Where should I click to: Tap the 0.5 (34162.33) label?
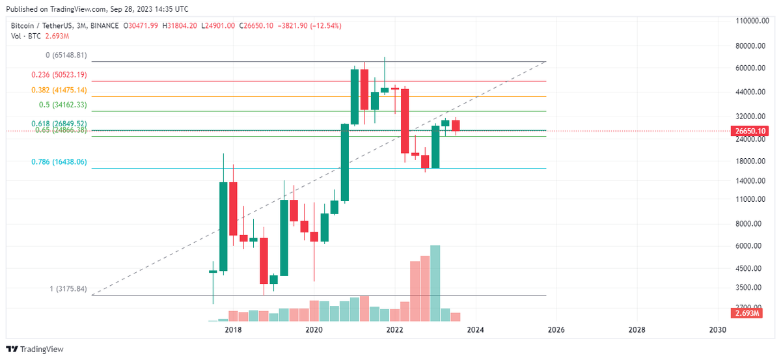click(62, 105)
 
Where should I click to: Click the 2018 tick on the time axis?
click(233, 330)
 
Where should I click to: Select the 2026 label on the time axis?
click(556, 330)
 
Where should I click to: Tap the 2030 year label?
click(717, 330)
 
